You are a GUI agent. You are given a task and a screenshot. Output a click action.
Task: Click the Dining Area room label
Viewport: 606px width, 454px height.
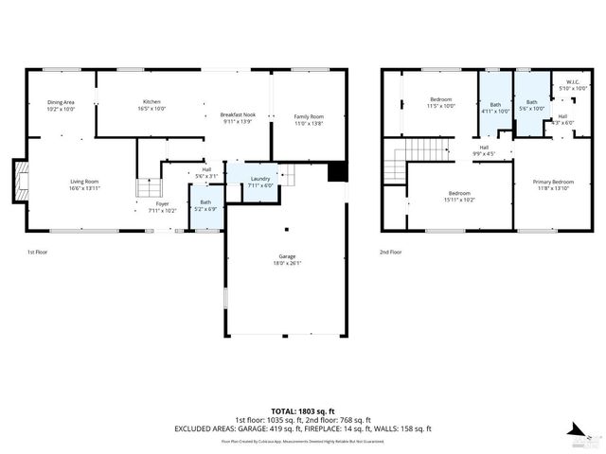(61, 105)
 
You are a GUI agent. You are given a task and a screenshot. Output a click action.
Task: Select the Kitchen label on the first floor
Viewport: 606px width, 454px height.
(151, 105)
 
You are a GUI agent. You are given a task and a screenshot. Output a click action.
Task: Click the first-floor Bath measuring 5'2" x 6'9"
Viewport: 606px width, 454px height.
(205, 205)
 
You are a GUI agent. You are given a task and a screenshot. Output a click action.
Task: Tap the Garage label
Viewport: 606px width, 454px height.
(287, 260)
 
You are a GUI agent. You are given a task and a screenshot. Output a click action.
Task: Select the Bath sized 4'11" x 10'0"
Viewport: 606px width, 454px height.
(495, 106)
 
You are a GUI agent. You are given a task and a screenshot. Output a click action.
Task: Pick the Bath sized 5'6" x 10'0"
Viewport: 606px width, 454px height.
(531, 104)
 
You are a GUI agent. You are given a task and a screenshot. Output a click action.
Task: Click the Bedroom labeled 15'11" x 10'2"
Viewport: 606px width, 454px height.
(461, 197)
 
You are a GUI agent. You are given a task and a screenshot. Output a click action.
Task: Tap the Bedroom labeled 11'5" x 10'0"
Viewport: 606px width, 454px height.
(441, 103)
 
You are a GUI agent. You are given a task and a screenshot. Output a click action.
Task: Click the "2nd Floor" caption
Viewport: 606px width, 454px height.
(391, 252)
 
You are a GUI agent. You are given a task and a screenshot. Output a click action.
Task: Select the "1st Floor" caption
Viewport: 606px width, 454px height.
(38, 252)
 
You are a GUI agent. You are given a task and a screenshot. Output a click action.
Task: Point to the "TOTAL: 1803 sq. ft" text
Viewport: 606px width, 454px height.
(302, 410)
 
